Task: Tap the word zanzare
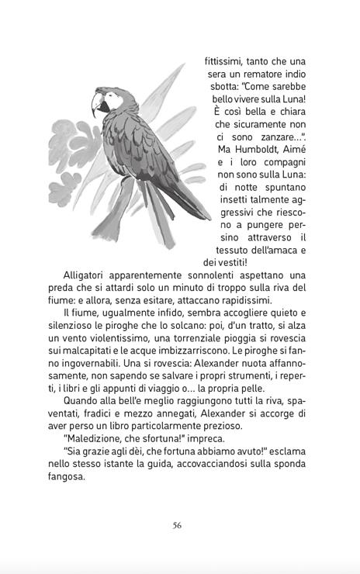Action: (x=275, y=136)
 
